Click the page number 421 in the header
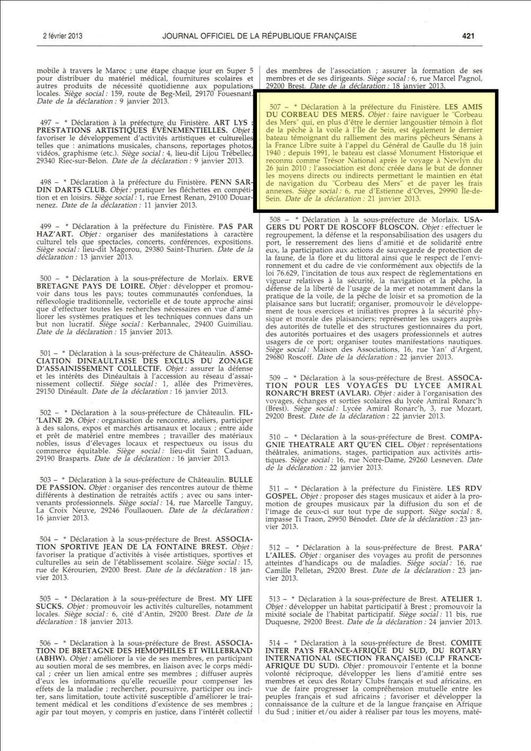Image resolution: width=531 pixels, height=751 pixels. click(468, 36)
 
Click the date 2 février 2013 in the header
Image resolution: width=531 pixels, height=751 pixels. click(63, 36)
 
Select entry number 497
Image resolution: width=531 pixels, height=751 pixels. click(46, 123)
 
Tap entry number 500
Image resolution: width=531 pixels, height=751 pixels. click(46, 278)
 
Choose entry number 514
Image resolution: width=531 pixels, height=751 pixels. click(275, 643)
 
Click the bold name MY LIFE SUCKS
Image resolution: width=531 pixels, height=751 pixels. click(236, 599)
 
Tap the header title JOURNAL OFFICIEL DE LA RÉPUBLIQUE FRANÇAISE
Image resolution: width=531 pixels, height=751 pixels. click(259, 36)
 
